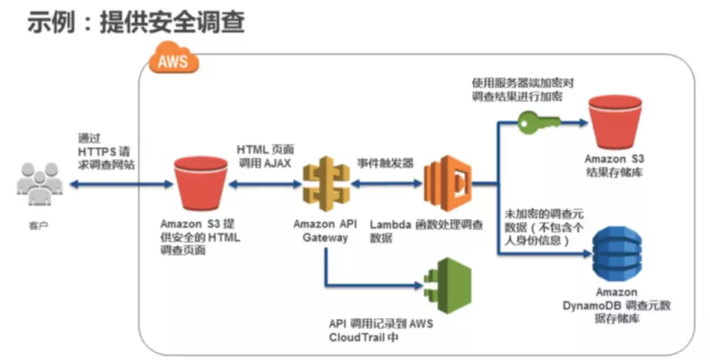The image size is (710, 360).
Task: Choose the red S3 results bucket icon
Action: pos(613,121)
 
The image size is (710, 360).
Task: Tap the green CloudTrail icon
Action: pos(443,285)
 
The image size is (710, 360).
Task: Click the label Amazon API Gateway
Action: pos(324,231)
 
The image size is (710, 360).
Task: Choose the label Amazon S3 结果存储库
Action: pos(613,165)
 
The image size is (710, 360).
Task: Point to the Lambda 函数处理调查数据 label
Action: pos(426,231)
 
